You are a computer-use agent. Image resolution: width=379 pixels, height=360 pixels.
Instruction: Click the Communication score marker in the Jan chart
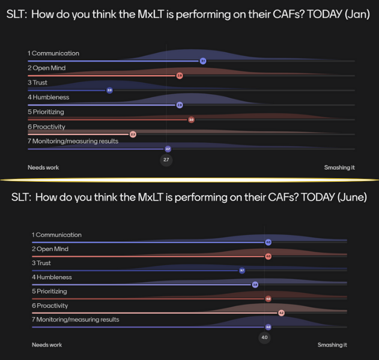coord(203,61)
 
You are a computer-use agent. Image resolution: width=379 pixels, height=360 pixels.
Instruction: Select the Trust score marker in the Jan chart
coord(109,90)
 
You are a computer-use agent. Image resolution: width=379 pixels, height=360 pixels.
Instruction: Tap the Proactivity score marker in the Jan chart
coord(133,134)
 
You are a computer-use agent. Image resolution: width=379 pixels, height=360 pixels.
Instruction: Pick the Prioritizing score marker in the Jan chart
coord(191,119)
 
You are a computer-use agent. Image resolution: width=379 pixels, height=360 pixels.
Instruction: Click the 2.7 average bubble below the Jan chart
coord(166,160)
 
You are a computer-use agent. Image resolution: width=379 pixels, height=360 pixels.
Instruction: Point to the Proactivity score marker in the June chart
coord(281,313)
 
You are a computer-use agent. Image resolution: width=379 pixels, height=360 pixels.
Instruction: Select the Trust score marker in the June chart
coord(242,271)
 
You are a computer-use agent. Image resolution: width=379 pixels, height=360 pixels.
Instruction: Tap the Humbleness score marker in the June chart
coord(255,284)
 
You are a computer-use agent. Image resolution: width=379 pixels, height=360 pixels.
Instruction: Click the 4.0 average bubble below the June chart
coord(264,337)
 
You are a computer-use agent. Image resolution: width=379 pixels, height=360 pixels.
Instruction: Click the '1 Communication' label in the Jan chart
coord(53,53)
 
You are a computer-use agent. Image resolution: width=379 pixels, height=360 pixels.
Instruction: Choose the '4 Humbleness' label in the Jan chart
coord(48,97)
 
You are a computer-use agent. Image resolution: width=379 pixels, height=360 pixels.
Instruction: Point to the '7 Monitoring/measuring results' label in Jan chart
coord(73,141)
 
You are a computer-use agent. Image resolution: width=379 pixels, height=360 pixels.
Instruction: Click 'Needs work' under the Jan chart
coord(43,167)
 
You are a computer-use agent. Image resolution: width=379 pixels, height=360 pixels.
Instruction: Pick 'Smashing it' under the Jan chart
coord(339,167)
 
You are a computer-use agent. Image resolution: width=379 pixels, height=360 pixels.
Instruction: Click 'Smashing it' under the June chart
coord(332,345)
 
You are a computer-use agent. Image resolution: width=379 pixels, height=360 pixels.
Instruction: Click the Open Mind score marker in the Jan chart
coord(179,76)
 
